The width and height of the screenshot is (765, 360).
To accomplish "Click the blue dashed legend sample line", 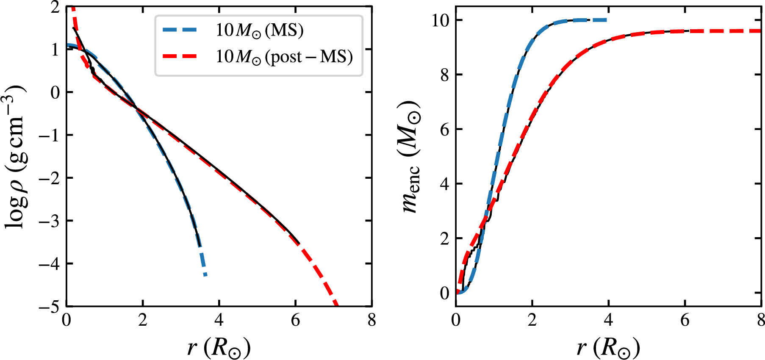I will pyautogui.click(x=180, y=30).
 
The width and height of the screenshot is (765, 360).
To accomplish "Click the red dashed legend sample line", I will pyautogui.click(x=180, y=56).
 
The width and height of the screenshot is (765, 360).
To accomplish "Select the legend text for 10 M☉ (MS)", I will pyautogui.click(x=259, y=30).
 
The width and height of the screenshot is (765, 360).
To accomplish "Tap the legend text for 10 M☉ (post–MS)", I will pyautogui.click(x=284, y=56).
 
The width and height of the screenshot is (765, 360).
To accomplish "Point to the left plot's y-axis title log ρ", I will pyautogui.click(x=16, y=157).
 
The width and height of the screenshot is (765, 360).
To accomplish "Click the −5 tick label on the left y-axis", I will pyautogui.click(x=50, y=307).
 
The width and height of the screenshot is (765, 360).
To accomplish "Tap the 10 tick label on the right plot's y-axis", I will pyautogui.click(x=441, y=20).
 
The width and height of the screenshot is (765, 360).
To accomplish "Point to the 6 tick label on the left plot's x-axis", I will pyautogui.click(x=295, y=320).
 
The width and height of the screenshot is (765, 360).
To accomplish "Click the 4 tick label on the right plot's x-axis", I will pyautogui.click(x=608, y=320).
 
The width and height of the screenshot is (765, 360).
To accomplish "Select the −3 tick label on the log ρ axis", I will pyautogui.click(x=50, y=221).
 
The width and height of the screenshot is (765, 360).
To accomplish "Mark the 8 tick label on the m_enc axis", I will pyautogui.click(x=444, y=75).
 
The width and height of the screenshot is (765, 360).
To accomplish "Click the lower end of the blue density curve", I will pyautogui.click(x=205, y=275).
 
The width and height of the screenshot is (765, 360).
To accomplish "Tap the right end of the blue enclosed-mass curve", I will pyautogui.click(x=607, y=20).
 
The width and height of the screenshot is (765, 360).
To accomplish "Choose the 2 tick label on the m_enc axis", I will pyautogui.click(x=444, y=238).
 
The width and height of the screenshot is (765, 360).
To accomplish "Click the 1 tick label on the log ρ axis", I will pyautogui.click(x=55, y=50).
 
